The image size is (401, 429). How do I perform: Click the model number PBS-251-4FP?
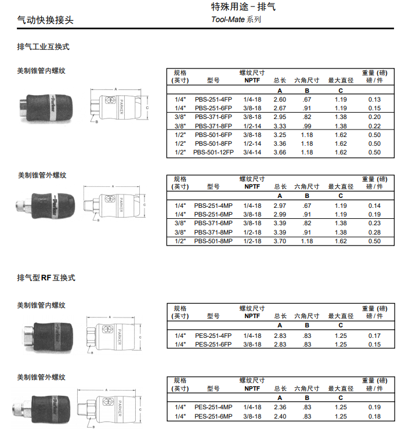click(x=214, y=100)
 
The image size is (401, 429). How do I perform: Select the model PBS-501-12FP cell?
click(x=214, y=153)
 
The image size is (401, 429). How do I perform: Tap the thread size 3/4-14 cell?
click(x=252, y=153)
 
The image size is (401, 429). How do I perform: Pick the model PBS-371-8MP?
click(x=214, y=232)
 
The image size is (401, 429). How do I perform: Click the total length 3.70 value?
click(x=280, y=241)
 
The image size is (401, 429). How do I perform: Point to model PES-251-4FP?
click(x=214, y=336)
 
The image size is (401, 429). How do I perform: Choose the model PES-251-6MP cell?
click(x=214, y=416)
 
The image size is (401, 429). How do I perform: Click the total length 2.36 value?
click(x=280, y=408)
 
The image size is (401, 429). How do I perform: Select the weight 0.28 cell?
click(x=374, y=232)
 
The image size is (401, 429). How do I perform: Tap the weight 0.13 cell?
click(x=374, y=100)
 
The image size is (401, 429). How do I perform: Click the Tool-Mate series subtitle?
click(x=236, y=19)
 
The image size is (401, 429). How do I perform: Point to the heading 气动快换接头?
click(x=45, y=20)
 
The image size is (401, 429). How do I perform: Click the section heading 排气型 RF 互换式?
click(x=46, y=277)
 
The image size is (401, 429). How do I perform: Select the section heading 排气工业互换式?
click(x=43, y=47)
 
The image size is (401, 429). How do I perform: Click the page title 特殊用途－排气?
click(x=243, y=7)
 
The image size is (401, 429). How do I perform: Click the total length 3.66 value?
click(x=280, y=153)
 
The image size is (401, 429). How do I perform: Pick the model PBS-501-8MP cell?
click(x=214, y=241)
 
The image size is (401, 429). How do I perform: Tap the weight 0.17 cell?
click(x=374, y=336)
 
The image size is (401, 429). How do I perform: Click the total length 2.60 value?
click(x=280, y=100)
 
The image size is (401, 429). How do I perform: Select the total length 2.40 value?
click(x=280, y=416)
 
